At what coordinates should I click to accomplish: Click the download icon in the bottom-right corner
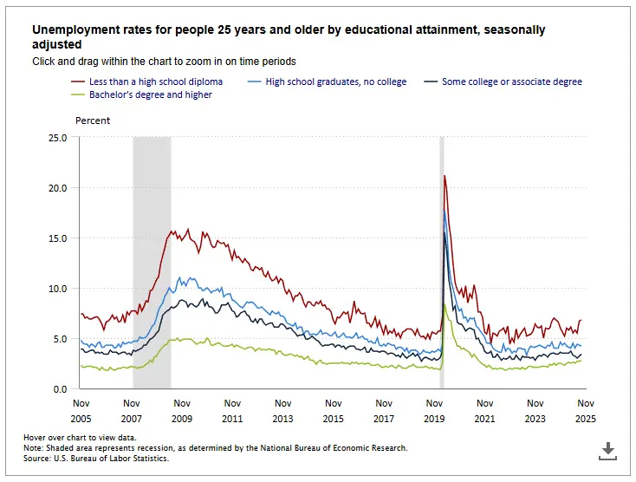click(x=608, y=450)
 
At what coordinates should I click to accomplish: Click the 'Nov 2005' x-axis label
click(x=81, y=411)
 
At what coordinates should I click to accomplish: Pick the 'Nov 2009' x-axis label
click(x=182, y=411)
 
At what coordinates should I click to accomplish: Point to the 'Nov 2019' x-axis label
click(x=435, y=411)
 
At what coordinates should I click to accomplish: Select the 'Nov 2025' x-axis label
click(x=587, y=411)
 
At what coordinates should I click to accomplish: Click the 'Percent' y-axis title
click(x=93, y=120)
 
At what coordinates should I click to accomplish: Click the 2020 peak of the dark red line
click(x=445, y=176)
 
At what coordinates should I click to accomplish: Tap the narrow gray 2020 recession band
click(x=442, y=260)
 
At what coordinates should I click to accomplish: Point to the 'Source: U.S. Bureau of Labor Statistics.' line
click(x=96, y=457)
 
